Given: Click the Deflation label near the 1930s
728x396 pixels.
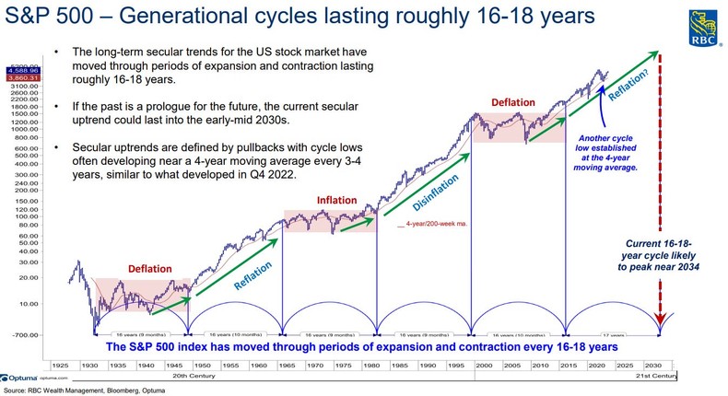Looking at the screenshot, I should click(148, 269).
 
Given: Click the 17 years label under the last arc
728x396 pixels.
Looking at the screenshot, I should click(612, 327).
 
